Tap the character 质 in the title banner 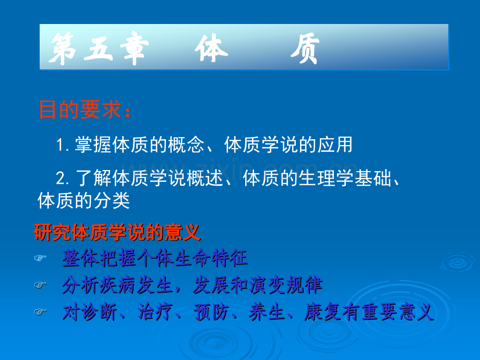click(x=306, y=49)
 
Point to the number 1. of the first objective click(x=63, y=145)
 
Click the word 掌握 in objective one click(x=93, y=145)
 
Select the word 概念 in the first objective click(x=186, y=145)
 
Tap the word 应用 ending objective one click(x=335, y=145)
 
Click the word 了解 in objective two click(x=93, y=178)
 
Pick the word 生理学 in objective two click(x=326, y=178)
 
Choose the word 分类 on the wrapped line click(x=112, y=201)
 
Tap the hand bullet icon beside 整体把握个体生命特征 click(x=40, y=258)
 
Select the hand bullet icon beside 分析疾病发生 click(x=40, y=285)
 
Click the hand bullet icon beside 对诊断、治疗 click(x=40, y=312)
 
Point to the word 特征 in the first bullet click(x=229, y=258)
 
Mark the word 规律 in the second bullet click(x=305, y=285)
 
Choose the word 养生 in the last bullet click(x=267, y=312)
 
